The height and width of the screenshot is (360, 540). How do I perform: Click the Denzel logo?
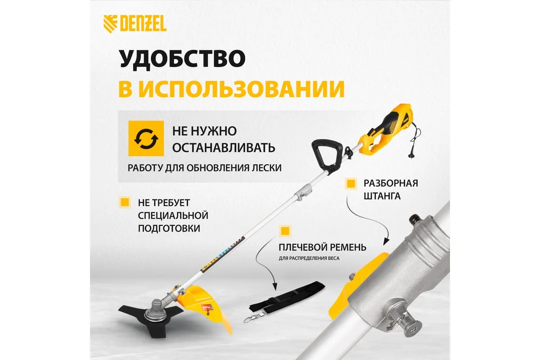coord(135,24)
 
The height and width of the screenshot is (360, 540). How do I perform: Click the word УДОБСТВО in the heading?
coord(183,59)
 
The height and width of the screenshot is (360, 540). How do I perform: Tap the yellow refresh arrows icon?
coord(146,139)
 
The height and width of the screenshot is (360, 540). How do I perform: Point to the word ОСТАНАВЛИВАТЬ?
coord(224,148)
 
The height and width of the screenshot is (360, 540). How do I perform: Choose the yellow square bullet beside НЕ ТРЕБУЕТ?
coord(125,202)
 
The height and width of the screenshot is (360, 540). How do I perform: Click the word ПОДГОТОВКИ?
coord(169,228)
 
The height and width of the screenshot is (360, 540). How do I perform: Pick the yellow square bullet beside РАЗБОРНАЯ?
coord(351,184)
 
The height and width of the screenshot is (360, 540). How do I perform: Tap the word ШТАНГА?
coord(382,196)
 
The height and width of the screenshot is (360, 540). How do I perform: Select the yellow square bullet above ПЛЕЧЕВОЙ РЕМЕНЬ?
coord(285,231)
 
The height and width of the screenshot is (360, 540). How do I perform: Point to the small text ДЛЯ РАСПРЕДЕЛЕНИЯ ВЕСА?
coord(309,258)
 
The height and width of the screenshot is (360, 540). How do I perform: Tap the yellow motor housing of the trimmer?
coord(383,131)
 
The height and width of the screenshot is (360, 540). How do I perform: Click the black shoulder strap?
coord(287,298)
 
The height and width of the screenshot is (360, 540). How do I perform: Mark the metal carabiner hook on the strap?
coord(252,318)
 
